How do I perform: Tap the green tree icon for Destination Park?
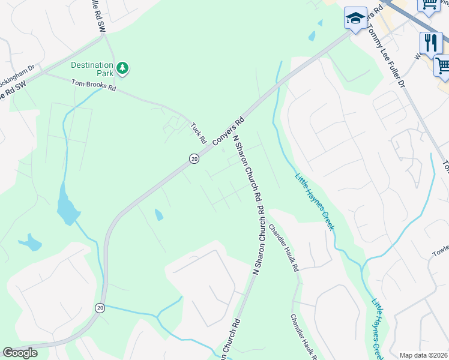tap(122, 68)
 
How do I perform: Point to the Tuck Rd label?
tap(198, 133)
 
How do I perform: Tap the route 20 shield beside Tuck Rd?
tap(193, 158)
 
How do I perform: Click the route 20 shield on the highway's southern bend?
tap(100, 307)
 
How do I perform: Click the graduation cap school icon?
tap(355, 18)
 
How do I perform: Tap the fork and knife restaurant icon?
tap(430, 42)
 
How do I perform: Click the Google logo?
tap(20, 353)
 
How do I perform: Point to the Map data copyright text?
tap(424, 355)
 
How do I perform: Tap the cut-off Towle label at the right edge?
tap(440, 251)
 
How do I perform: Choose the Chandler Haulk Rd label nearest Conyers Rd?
tap(283, 248)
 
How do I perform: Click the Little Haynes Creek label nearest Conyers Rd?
tap(314, 201)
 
